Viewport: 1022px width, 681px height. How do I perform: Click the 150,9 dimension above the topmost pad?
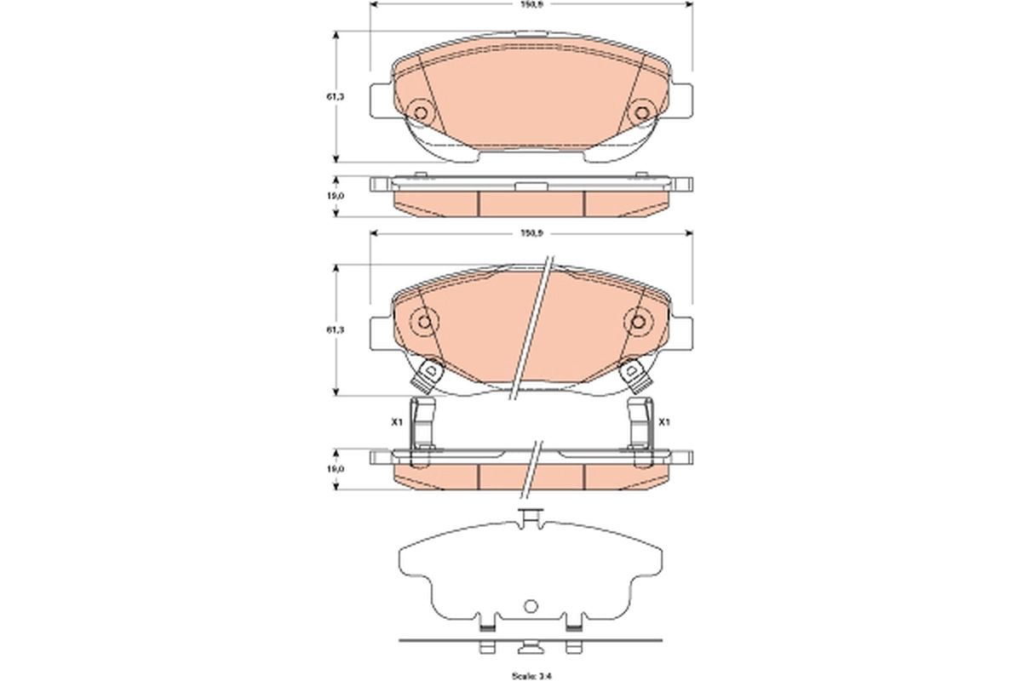point(531,4)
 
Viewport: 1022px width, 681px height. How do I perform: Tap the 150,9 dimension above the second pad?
point(531,232)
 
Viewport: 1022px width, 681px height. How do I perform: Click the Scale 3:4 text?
point(531,676)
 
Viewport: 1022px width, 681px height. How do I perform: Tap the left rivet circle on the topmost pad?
point(419,112)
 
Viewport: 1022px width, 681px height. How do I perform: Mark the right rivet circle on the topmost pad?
point(642,112)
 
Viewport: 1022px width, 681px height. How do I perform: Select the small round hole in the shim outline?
point(531,606)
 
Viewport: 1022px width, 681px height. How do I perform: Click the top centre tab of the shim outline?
point(530,516)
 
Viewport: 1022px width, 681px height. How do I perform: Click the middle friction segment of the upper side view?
point(531,203)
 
